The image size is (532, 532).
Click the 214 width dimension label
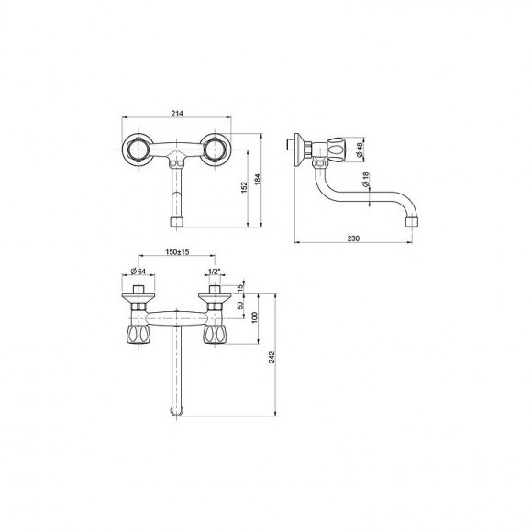[177, 114]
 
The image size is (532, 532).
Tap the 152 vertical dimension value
[244, 188]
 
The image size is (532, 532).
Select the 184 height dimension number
[258, 179]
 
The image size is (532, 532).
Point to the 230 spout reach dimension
[353, 238]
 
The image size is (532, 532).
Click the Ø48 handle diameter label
[360, 150]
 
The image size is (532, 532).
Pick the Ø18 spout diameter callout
[365, 180]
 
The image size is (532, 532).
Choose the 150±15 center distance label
[177, 252]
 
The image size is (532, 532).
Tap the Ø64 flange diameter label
[139, 272]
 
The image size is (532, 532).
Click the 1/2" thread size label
[214, 272]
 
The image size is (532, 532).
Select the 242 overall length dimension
[272, 358]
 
